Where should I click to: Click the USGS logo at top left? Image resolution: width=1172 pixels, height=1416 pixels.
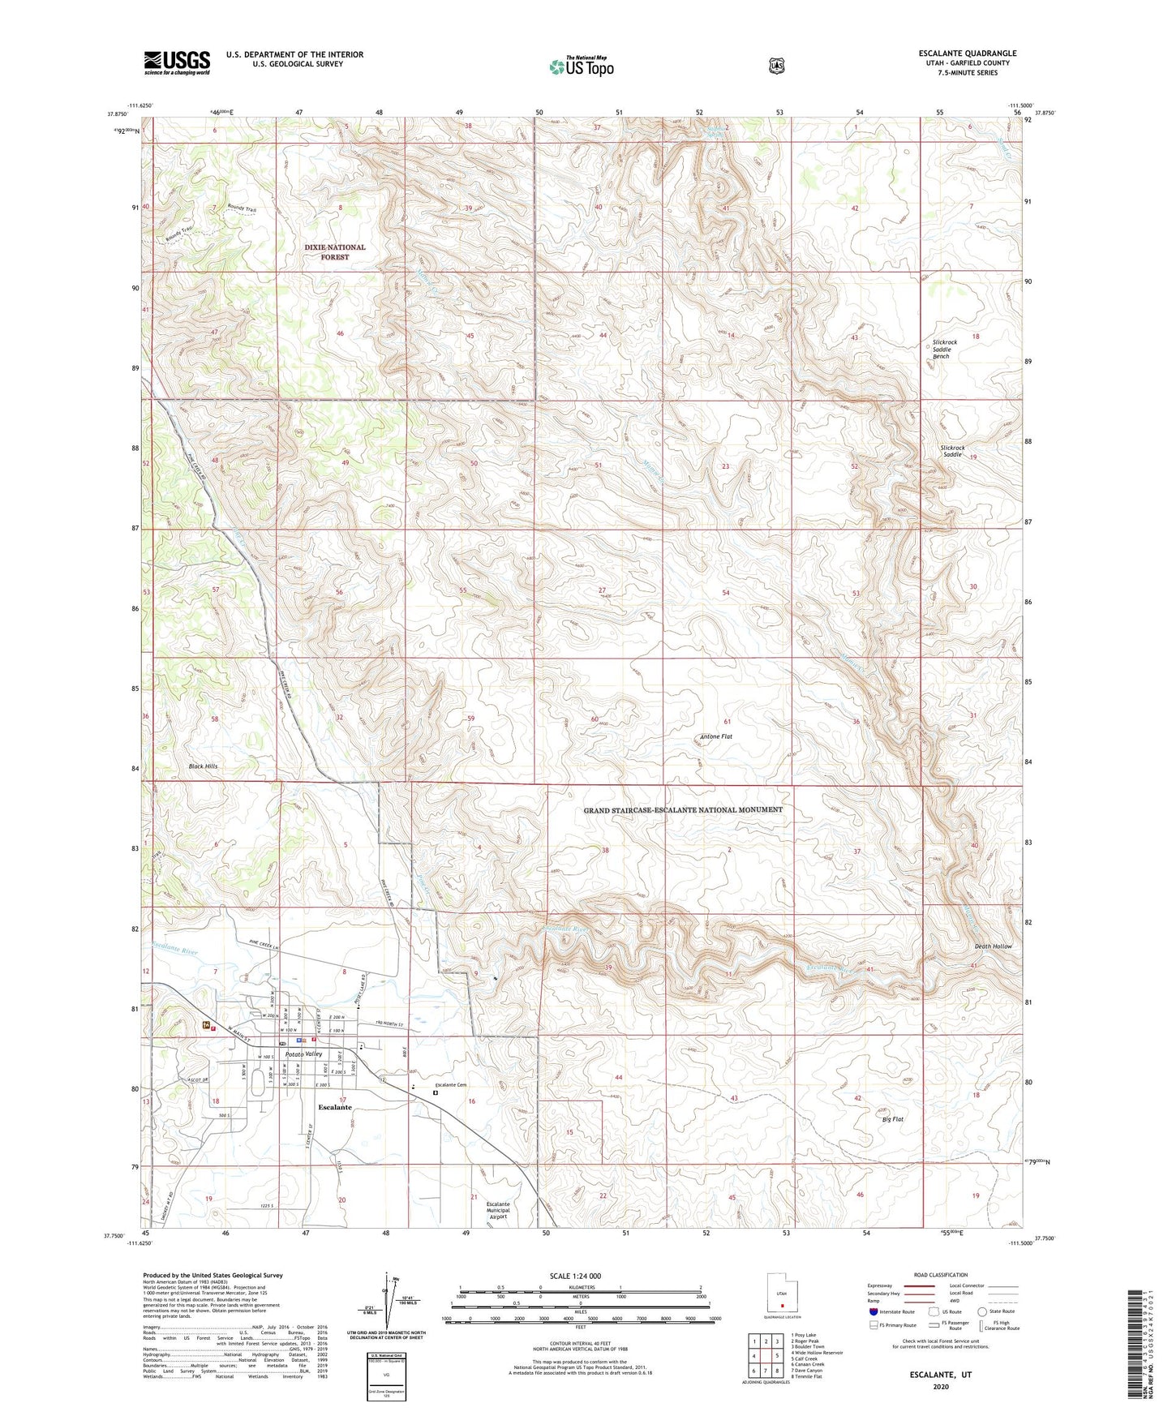[x=177, y=62]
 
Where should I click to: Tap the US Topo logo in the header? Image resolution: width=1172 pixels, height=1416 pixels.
[x=581, y=67]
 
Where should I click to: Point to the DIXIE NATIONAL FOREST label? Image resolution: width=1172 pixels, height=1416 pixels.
[x=335, y=252]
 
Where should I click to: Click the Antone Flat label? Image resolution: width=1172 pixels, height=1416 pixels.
[x=715, y=737]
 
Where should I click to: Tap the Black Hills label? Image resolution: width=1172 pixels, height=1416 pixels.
[x=203, y=766]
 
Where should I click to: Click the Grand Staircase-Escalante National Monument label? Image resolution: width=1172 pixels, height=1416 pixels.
[x=683, y=809]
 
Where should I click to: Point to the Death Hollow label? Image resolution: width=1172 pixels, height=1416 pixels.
[x=993, y=946]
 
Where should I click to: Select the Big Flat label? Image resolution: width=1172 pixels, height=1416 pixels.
[x=892, y=1119]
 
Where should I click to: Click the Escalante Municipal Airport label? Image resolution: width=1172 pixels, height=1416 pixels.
[x=498, y=1211]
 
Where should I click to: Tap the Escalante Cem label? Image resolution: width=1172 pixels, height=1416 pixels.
[x=452, y=1085]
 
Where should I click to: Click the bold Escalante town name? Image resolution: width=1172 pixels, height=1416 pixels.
[x=335, y=1107]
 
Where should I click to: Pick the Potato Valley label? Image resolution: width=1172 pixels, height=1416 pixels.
[x=303, y=1053]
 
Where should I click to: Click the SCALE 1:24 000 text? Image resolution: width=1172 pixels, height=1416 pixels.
[x=575, y=1277]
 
